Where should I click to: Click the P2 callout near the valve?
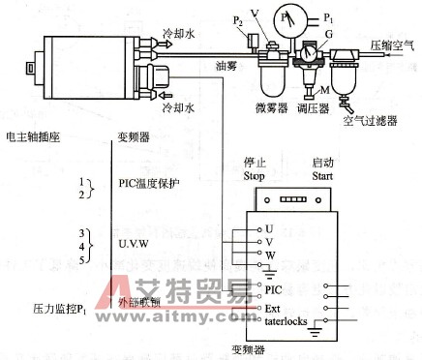pos(236,19)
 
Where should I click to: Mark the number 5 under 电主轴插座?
pos(82,259)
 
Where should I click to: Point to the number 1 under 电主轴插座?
pos(82,183)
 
